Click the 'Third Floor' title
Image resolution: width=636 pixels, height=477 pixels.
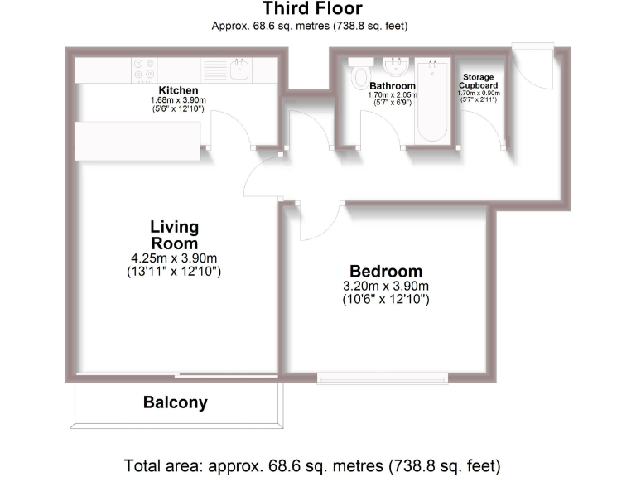(x=312, y=10)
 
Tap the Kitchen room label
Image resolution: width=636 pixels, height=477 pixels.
(x=178, y=90)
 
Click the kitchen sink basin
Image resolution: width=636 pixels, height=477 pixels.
(x=241, y=67)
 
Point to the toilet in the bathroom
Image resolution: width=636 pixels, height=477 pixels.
(x=359, y=75)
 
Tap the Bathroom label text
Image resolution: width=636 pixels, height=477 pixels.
(x=393, y=86)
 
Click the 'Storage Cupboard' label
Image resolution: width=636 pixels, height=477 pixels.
(x=479, y=81)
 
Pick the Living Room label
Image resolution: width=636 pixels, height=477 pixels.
(x=174, y=235)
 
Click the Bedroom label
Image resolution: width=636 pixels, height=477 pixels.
(x=385, y=272)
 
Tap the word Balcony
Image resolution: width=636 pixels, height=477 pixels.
(x=175, y=404)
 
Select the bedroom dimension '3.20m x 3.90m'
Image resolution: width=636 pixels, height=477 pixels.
(x=385, y=286)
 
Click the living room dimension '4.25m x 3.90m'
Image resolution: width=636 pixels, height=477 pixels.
(x=174, y=258)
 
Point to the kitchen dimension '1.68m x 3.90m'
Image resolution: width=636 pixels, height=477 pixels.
(x=178, y=100)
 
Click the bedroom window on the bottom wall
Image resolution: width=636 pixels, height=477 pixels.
(x=383, y=378)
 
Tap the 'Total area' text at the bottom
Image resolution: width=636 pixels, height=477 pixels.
(x=312, y=465)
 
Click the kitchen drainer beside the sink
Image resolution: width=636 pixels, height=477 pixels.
(x=214, y=68)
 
